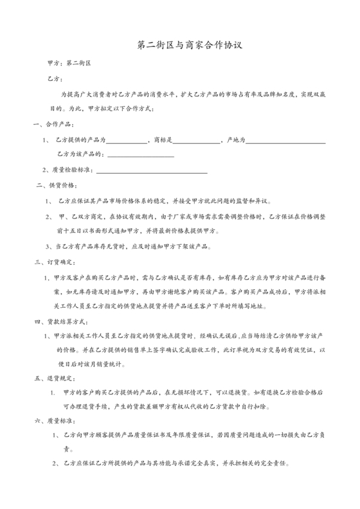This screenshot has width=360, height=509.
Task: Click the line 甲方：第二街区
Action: pyautogui.click(x=71, y=64)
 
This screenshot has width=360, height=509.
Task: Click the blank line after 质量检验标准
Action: pyautogui.click(x=151, y=172)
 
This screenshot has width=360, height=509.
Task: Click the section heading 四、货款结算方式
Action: pyautogui.click(x=60, y=321)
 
